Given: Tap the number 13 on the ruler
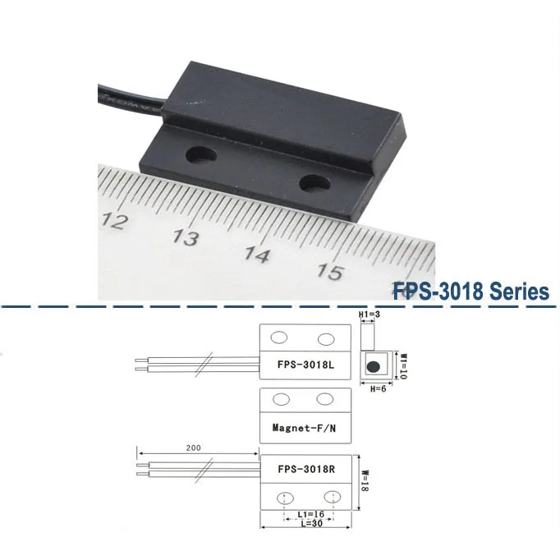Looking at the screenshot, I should click(x=187, y=238).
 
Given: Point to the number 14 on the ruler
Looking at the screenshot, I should click(x=257, y=255).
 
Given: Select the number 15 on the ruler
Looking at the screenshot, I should click(x=329, y=271).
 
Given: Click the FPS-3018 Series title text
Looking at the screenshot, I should click(x=470, y=291).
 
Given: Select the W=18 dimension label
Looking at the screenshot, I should click(x=365, y=480).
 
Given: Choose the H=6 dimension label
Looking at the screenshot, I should click(x=377, y=388).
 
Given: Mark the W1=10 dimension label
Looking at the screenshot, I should click(x=402, y=361).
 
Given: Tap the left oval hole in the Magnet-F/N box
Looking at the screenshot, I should click(x=281, y=400).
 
